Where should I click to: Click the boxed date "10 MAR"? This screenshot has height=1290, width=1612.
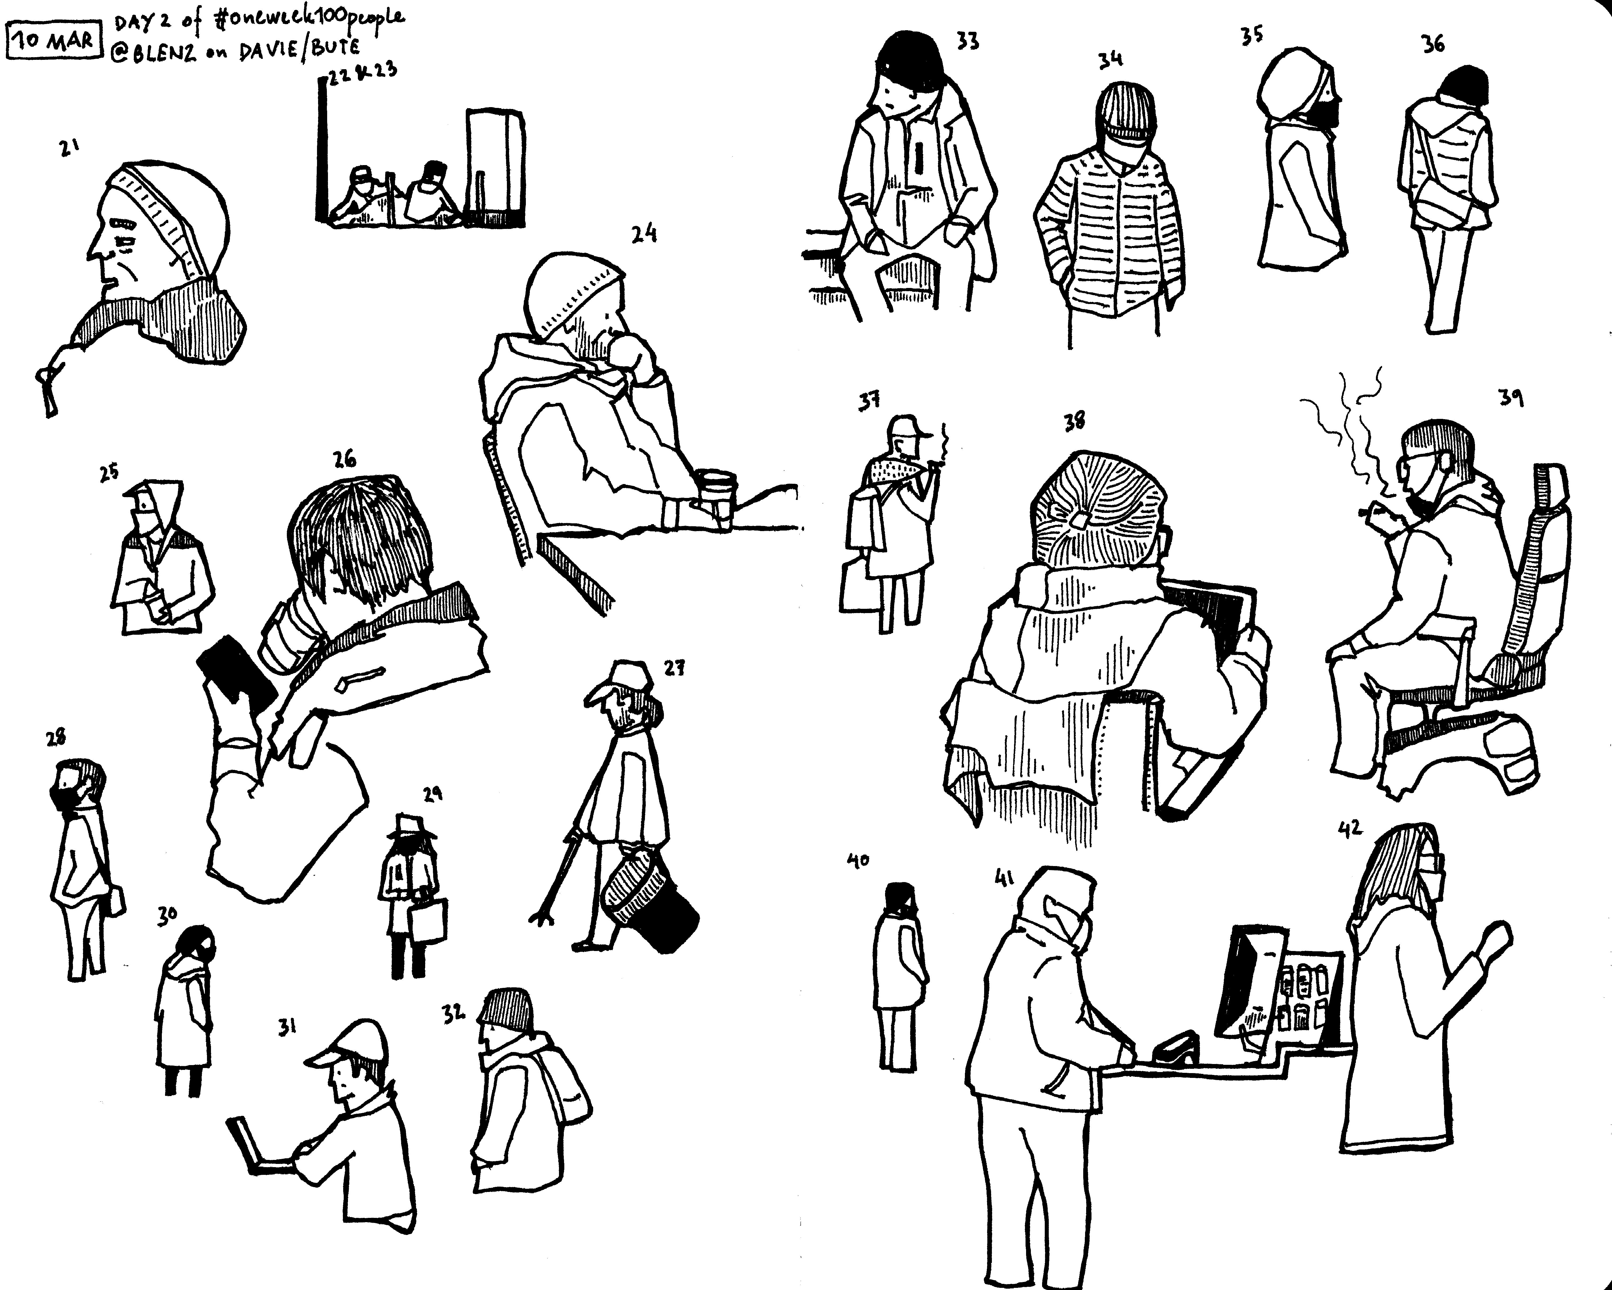(53, 39)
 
